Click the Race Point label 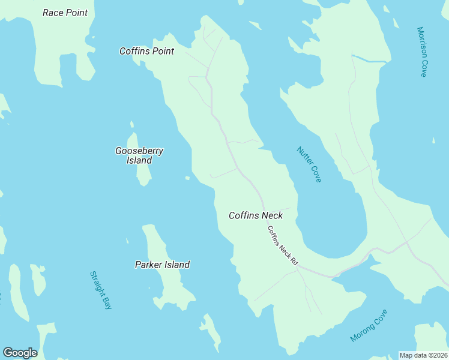pos(65,13)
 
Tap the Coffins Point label pos(146,51)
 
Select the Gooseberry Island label pos(139,155)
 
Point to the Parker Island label pos(162,265)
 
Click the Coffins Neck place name pos(256,215)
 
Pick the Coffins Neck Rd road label pos(282,246)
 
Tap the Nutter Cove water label pos(309,164)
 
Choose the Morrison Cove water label pos(422,52)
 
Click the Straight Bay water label pos(101,290)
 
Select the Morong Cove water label pos(369,325)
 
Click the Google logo pos(20,353)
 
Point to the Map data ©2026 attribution pos(423,355)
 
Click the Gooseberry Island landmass pos(142,174)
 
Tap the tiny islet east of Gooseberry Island pos(187,178)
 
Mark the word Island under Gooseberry pos(139,160)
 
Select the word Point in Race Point pos(76,13)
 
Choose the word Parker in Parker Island pos(148,265)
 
